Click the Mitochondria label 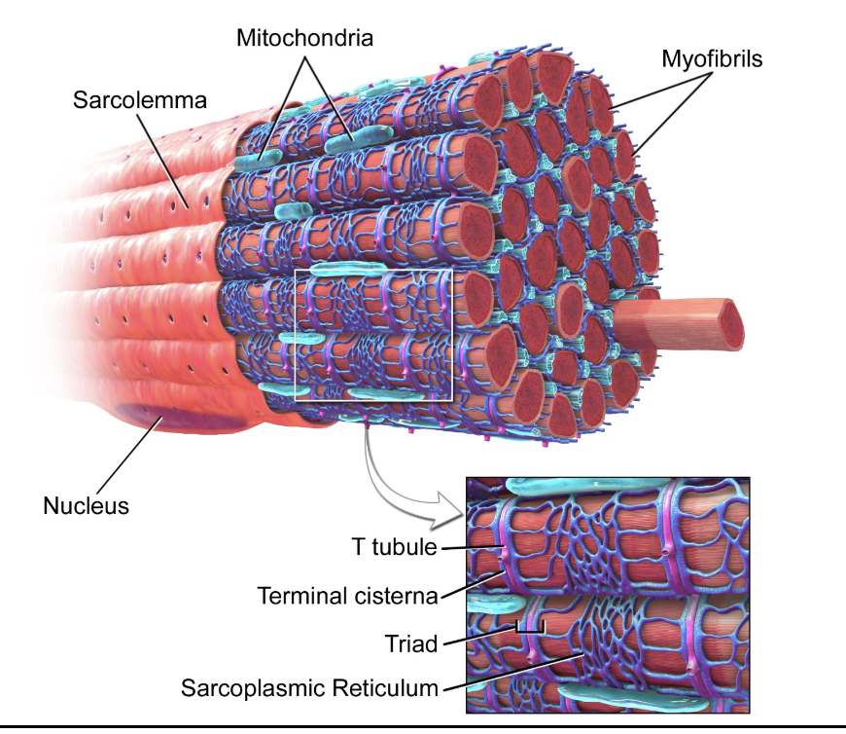click(x=304, y=38)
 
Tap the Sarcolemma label click(x=140, y=100)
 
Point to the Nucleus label click(x=86, y=505)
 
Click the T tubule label click(x=394, y=547)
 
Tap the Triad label click(x=411, y=642)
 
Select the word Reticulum click(x=387, y=688)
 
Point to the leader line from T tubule click(x=470, y=550)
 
